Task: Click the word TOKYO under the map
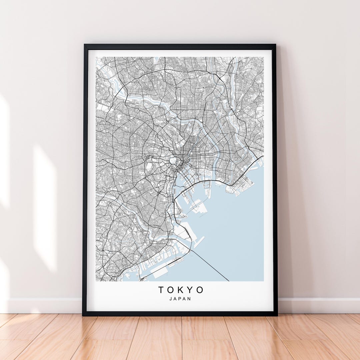click(x=181, y=290)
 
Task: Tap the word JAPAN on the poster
click(x=180, y=299)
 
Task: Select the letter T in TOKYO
click(x=161, y=290)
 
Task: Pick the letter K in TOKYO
click(x=180, y=290)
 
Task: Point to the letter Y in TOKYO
click(x=190, y=290)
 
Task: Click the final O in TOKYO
click(x=199, y=290)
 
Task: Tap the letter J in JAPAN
click(x=171, y=299)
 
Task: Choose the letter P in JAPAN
click(x=180, y=299)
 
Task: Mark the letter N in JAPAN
click(x=190, y=299)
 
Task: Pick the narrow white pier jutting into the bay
click(x=199, y=242)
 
